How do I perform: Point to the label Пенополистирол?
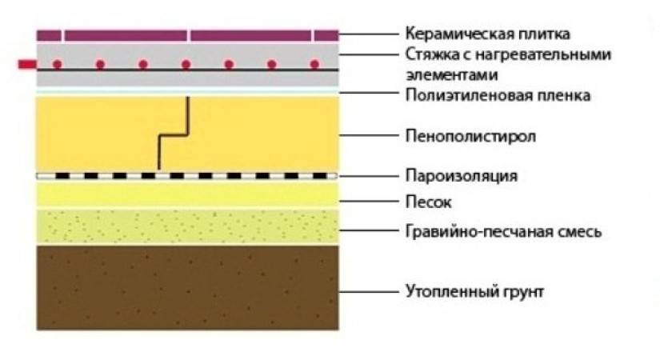(x=470, y=136)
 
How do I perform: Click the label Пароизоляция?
(x=462, y=175)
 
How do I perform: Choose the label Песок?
(x=429, y=202)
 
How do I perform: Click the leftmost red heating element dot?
(x=57, y=63)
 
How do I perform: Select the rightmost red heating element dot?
(x=314, y=63)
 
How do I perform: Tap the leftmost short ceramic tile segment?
(x=50, y=35)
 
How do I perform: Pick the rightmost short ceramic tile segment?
(x=326, y=35)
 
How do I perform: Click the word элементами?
(x=446, y=74)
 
